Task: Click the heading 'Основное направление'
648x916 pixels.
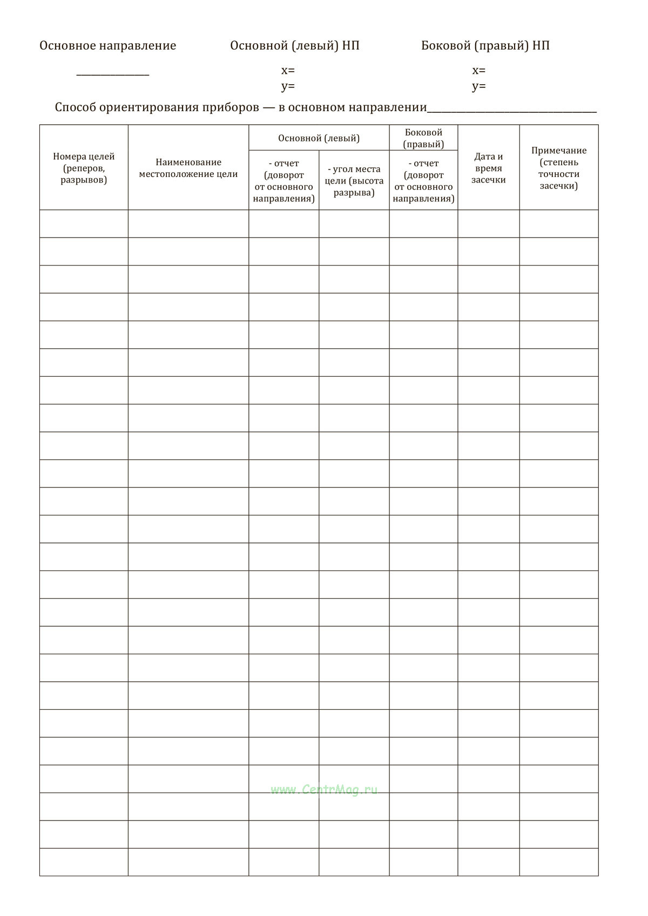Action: [x=107, y=46]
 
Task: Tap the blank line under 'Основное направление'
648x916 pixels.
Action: [x=113, y=74]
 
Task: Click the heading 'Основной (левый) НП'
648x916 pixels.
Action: [x=294, y=46]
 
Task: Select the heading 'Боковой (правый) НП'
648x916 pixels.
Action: [x=485, y=46]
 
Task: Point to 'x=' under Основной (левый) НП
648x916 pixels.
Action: [x=288, y=71]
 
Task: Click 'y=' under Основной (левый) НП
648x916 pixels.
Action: [x=288, y=86]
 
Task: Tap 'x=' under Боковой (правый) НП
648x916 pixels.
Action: [x=478, y=71]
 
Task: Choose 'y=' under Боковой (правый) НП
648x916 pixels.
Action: [x=478, y=86]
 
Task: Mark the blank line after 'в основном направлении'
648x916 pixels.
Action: [x=511, y=110]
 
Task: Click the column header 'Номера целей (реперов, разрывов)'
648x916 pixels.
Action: [x=84, y=168]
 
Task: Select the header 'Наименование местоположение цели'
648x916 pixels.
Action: [x=188, y=168]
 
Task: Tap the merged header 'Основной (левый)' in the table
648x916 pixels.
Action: [x=319, y=138]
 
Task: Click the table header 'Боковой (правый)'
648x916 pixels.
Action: [x=423, y=138]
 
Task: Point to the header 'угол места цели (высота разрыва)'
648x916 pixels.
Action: [x=354, y=181]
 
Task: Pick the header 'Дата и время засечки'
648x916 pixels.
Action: [x=488, y=168]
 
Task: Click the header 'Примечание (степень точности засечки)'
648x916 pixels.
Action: [x=558, y=168]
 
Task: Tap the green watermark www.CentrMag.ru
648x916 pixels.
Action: [x=324, y=790]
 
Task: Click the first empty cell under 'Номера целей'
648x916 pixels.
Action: [x=84, y=223]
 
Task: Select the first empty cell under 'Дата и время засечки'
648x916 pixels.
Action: [x=488, y=223]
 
